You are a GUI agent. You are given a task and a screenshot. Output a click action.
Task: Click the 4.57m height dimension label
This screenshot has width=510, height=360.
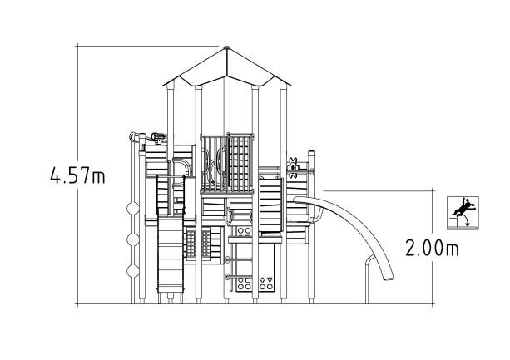[x=77, y=175]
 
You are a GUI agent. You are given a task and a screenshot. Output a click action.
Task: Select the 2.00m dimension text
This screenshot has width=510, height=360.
[x=432, y=249]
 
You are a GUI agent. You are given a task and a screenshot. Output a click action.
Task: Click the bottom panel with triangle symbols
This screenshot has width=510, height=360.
[x=266, y=283]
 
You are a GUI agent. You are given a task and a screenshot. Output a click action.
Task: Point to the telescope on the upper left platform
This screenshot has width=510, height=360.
[x=156, y=136]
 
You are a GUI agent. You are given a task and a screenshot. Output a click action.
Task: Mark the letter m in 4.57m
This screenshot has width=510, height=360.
[x=100, y=176]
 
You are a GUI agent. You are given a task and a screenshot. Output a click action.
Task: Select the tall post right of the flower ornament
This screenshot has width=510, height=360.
[x=313, y=224]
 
